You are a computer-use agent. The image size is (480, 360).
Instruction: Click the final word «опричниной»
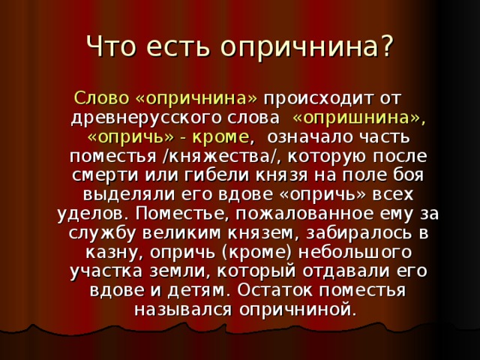[298, 308]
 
